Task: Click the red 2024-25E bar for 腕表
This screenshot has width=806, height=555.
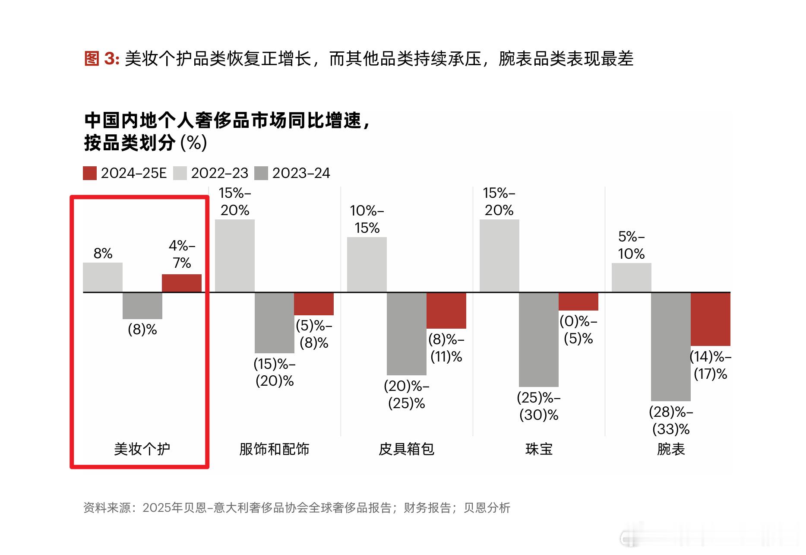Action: point(710,319)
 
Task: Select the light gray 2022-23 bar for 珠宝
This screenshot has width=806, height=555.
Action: point(499,256)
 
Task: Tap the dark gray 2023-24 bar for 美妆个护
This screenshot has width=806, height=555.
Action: point(142,306)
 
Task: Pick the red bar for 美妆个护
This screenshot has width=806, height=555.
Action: point(182,283)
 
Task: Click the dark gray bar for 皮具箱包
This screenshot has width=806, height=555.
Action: point(406,334)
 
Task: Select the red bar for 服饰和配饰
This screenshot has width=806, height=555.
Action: point(314,304)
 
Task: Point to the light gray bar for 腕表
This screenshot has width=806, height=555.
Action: point(631,278)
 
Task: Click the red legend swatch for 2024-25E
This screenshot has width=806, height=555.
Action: point(90,173)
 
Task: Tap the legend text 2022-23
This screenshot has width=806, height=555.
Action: point(219,173)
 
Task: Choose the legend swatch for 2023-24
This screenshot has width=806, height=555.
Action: point(261,173)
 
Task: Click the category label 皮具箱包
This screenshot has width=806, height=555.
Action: point(406,449)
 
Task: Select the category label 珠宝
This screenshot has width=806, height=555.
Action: point(539,449)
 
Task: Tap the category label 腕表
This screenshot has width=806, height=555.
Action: point(671,449)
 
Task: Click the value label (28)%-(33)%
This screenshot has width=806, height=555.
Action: point(671,420)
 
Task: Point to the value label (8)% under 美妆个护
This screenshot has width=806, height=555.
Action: point(142,330)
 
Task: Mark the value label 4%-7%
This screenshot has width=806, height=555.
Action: point(182,254)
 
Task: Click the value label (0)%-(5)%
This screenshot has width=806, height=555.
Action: point(578,330)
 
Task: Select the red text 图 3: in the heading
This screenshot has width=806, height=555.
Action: point(102,58)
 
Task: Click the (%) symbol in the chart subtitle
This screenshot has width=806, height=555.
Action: point(194,143)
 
